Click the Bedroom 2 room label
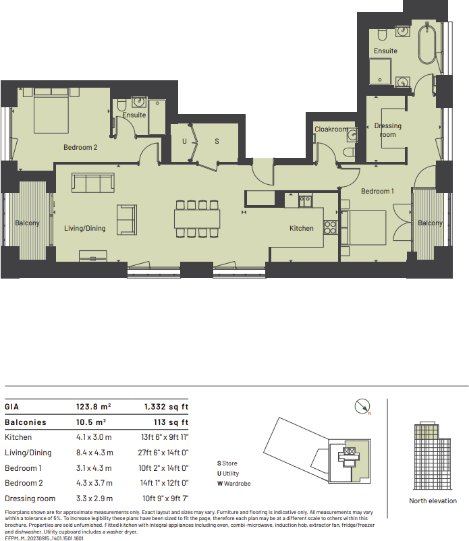[81, 147]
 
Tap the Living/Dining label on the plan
[85, 228]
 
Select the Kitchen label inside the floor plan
[301, 228]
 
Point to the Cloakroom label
[331, 130]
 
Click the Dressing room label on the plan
[387, 130]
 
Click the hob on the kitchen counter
[331, 228]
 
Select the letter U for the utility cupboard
[184, 142]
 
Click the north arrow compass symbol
[362, 406]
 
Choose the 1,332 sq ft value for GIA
[166, 407]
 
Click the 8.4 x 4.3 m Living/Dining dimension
[94, 453]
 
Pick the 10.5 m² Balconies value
[93, 422]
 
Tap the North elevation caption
[433, 501]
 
